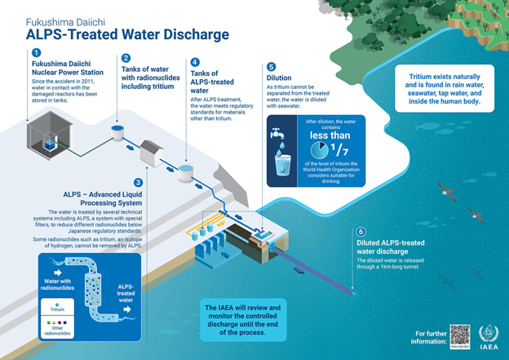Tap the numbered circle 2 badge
126,58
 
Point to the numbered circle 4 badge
194,62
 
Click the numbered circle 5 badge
271,67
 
